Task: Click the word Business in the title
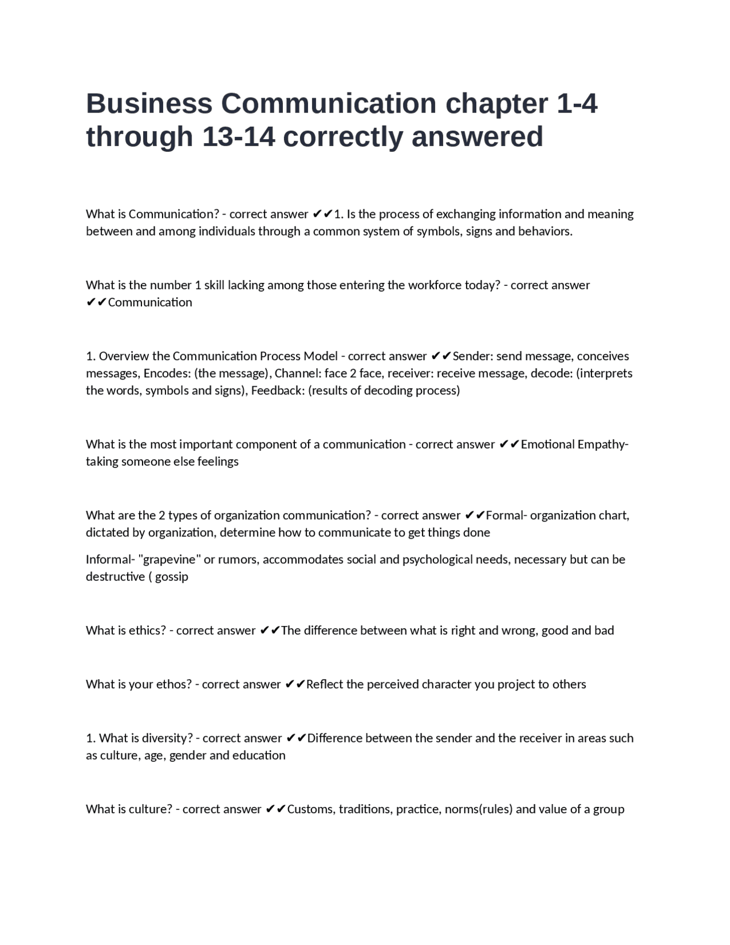tap(149, 104)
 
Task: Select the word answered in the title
tap(477, 137)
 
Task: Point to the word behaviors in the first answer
tap(544, 231)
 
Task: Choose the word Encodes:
tap(167, 373)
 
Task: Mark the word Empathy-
tap(603, 445)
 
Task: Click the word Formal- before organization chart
tap(506, 515)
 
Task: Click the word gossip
tap(172, 576)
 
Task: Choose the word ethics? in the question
tap(147, 631)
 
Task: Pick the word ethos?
tap(174, 684)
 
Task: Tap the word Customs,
tap(311, 809)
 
